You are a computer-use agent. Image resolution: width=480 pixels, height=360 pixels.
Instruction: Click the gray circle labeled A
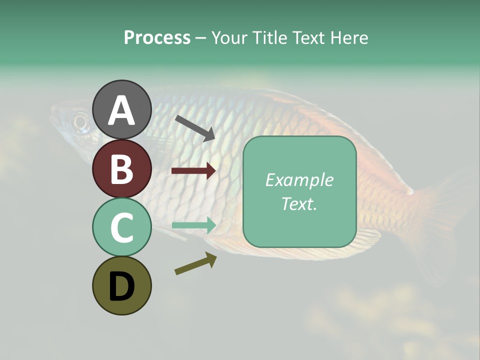tap(121, 109)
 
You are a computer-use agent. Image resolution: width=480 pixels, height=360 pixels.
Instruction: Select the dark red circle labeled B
tap(121, 168)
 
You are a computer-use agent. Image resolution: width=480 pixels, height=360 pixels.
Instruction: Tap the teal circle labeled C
tap(121, 227)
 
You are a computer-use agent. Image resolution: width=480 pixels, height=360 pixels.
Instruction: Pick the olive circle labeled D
tap(121, 285)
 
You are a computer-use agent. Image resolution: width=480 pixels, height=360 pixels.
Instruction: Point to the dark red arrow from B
tap(193, 171)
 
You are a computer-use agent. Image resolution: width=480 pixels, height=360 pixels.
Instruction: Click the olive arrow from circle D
tap(195, 264)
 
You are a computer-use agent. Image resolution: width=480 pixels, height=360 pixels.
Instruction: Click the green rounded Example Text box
tap(299, 191)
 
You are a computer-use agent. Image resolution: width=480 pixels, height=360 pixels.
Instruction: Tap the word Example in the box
tap(299, 179)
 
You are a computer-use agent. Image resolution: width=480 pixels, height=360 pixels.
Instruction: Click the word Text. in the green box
tap(299, 203)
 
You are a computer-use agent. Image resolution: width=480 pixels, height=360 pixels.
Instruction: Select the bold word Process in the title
tap(157, 38)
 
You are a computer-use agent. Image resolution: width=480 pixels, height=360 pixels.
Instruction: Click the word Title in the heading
tap(270, 38)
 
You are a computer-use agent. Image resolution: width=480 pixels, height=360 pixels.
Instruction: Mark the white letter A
tap(121, 110)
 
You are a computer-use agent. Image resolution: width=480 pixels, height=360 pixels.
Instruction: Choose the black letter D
tap(121, 286)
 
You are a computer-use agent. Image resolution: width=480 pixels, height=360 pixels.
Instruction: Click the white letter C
tap(121, 227)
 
